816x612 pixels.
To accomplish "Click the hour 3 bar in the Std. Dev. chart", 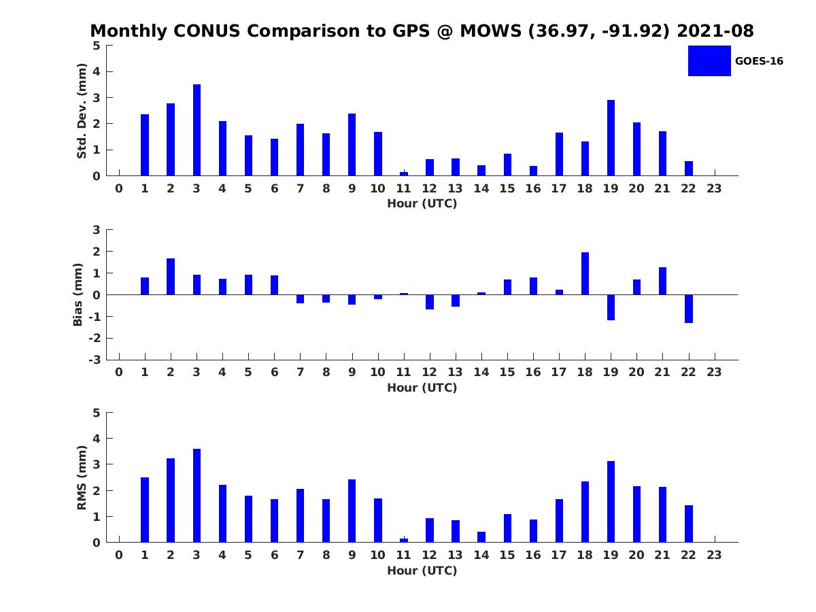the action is click(197, 130).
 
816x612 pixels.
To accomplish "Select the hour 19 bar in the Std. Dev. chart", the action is click(611, 138).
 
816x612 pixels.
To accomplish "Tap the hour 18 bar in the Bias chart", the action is click(585, 273).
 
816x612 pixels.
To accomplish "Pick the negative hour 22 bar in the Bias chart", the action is click(688, 309).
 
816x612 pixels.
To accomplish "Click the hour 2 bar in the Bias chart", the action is click(171, 277).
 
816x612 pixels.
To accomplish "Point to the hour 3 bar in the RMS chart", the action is click(197, 496).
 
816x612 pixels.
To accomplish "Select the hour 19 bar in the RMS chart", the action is click(611, 502).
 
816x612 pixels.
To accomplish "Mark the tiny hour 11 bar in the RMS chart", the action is click(404, 541).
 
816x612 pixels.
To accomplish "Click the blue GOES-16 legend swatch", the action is click(709, 61).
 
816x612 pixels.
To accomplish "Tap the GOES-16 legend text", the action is click(759, 61).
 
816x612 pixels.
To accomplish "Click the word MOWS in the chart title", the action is click(491, 31).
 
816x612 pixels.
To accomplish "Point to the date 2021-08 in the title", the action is click(715, 31).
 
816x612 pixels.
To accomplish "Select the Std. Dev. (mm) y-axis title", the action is click(82, 111).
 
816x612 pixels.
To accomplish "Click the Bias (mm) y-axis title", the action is click(78, 294).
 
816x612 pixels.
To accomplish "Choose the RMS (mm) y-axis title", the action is click(82, 477).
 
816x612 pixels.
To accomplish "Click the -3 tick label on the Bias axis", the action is click(95, 360).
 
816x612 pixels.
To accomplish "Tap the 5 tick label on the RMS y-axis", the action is click(97, 413).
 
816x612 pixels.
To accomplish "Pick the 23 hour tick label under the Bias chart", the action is click(714, 372).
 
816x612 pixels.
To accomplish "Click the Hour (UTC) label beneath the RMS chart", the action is click(422, 571).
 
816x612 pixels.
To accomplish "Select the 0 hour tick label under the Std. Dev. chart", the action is click(119, 188).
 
